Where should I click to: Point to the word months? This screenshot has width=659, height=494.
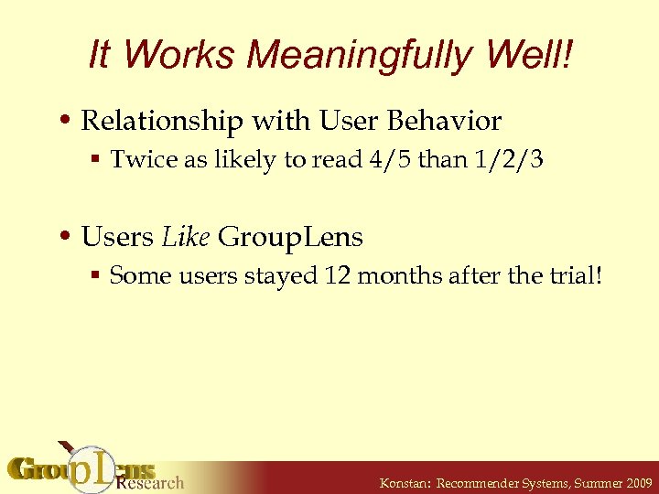tap(397, 276)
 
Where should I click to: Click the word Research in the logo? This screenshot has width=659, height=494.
tap(150, 482)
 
